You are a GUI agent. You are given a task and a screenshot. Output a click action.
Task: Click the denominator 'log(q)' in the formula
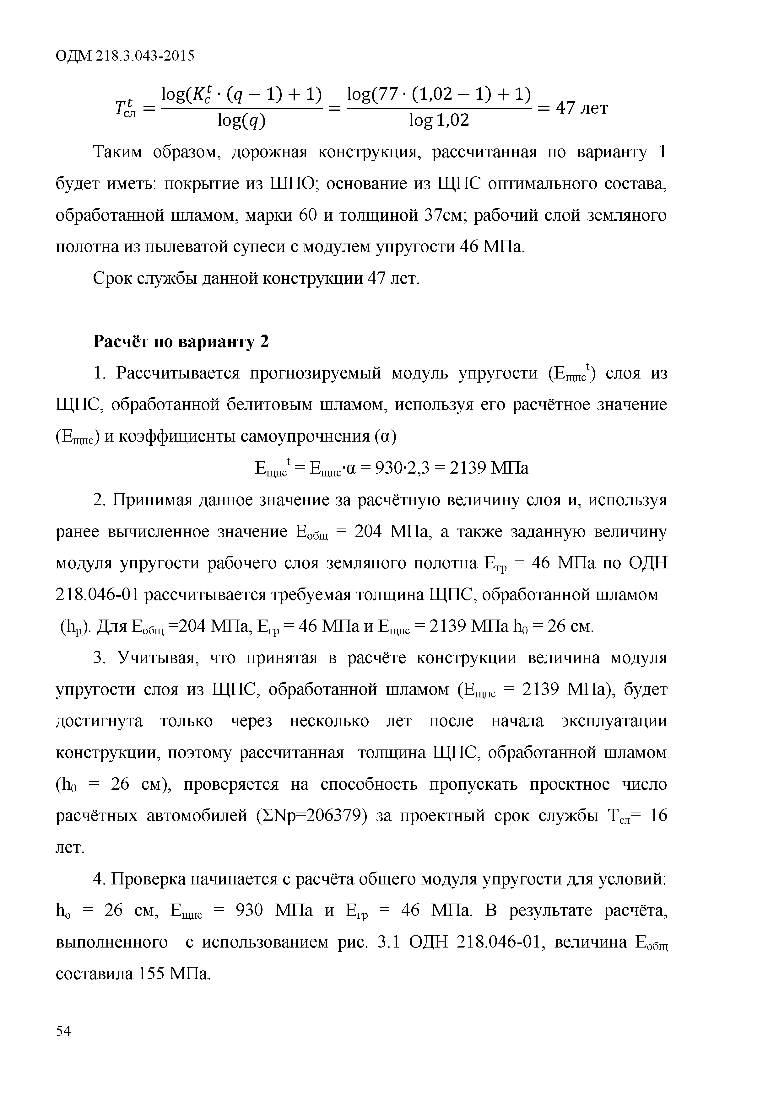(241, 120)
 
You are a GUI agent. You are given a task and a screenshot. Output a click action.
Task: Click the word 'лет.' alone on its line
(71, 847)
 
